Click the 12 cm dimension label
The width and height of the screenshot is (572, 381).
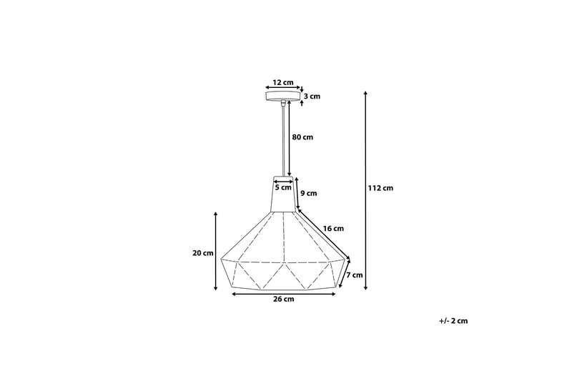tap(284, 82)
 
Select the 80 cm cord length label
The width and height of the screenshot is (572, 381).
tap(302, 137)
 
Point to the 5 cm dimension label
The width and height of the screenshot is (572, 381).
tap(283, 188)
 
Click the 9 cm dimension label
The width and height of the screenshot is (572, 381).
tap(308, 193)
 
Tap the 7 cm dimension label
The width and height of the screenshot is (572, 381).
tap(355, 274)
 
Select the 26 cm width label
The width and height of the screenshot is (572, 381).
tap(284, 300)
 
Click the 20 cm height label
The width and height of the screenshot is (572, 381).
tap(203, 253)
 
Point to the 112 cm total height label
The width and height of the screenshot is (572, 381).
tap(380, 189)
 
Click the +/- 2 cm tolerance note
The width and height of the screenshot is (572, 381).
tap(453, 321)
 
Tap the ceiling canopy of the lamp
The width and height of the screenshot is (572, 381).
tap(284, 97)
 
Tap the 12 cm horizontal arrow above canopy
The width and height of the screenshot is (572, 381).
tap(284, 88)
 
